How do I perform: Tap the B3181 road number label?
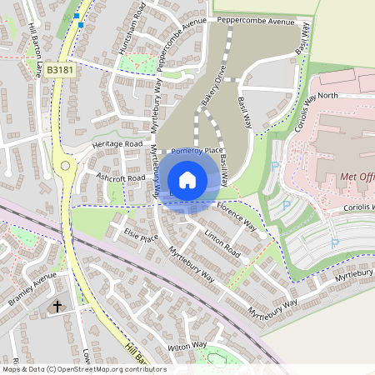click(60, 72)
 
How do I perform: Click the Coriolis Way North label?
click(322, 95)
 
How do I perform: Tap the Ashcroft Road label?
click(122, 177)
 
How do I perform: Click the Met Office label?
click(357, 177)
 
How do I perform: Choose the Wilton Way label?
click(187, 345)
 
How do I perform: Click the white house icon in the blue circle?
click(187, 179)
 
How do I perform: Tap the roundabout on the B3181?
click(65, 166)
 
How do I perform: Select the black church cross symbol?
click(58, 307)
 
